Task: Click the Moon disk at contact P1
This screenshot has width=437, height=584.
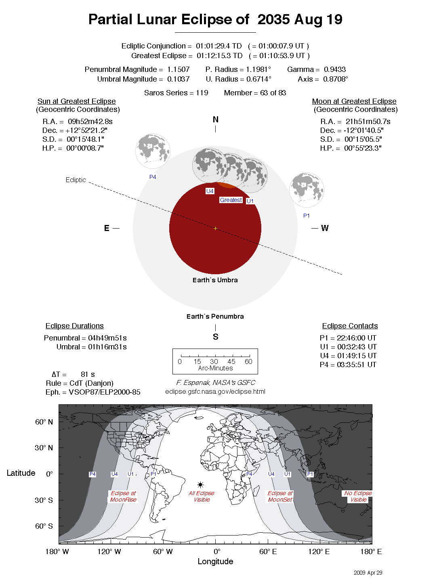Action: point(307,190)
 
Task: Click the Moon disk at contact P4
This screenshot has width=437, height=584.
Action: point(153,151)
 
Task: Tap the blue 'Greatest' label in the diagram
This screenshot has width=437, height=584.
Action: point(231,200)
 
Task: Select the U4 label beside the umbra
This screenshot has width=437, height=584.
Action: point(210,191)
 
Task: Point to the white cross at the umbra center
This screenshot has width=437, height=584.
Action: point(215,229)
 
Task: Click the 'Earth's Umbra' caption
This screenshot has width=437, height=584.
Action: point(215,280)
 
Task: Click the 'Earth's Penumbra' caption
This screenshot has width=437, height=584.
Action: point(215,317)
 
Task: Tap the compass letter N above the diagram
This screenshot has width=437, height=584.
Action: point(215,120)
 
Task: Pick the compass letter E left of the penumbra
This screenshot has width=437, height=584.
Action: point(107,228)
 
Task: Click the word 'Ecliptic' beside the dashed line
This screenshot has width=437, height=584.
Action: point(76,180)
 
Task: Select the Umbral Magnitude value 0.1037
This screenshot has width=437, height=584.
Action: point(178,79)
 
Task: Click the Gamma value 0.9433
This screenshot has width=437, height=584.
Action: point(334,69)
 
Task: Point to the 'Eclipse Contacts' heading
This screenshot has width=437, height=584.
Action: point(350,326)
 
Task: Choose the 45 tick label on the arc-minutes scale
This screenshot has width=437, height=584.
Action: point(231,361)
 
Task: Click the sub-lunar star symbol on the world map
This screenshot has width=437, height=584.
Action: point(200,485)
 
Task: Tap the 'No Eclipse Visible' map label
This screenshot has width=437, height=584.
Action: point(358,496)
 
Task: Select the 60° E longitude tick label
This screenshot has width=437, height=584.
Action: point(268,552)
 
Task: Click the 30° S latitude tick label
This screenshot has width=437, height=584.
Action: point(44,500)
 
